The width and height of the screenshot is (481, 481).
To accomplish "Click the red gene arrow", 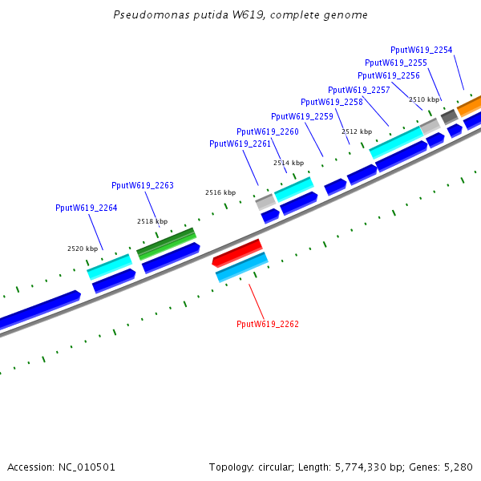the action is point(237,253).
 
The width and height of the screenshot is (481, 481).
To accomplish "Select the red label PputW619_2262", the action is point(268,324).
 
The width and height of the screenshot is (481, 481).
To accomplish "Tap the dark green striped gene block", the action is point(166,244).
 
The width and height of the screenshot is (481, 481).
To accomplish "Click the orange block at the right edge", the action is point(469,106).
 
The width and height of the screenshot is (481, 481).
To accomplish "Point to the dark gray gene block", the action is point(450,116).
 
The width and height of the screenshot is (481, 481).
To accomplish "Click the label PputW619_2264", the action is point(87,208).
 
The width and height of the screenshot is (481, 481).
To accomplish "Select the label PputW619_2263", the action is point(143,185).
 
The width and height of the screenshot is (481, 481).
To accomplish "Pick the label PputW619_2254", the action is point(421,50).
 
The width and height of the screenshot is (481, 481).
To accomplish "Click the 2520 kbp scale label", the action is point(83,249).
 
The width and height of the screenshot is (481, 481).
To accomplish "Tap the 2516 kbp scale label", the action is point(220,192).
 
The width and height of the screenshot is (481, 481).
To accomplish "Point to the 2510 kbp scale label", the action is point(424,99).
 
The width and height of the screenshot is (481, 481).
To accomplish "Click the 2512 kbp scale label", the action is point(357,131).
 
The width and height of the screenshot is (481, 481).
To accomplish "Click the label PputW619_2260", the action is point(268,131).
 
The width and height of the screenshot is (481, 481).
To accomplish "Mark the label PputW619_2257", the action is point(359,90).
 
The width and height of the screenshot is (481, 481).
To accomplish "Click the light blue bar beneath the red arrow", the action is point(242,267).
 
